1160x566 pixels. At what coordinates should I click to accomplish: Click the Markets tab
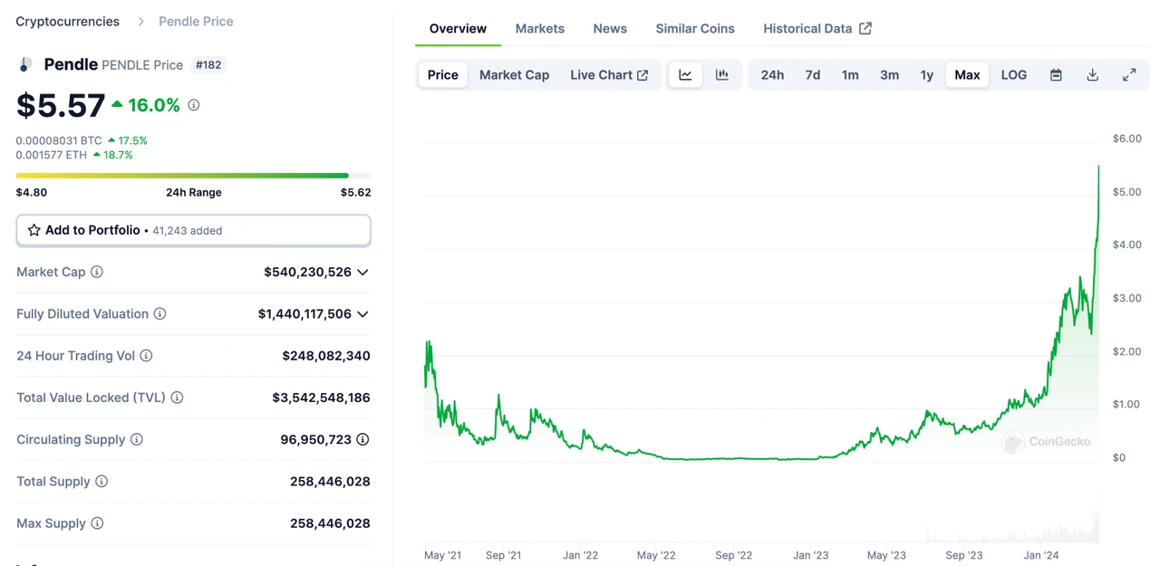pos(539,29)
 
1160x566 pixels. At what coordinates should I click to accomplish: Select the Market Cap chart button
pos(514,75)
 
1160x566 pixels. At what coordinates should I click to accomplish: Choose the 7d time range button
pos(812,75)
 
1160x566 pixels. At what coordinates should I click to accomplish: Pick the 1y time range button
pos(926,75)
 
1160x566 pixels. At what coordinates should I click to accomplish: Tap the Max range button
pos(967,75)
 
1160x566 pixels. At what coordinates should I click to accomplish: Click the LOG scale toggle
pos(1013,75)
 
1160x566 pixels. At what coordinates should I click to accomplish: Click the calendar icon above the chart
pos(1056,75)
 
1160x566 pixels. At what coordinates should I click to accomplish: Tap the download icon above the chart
pos(1092,75)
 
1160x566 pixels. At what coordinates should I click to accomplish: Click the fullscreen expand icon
pos(1129,75)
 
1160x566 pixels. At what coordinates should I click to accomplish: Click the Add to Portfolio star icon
pos(34,230)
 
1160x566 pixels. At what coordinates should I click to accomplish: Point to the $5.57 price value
pos(61,106)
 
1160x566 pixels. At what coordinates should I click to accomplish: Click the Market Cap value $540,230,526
pos(307,273)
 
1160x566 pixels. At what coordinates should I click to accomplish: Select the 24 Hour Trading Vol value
pos(325,356)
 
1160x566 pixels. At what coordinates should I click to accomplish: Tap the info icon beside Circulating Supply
pos(137,439)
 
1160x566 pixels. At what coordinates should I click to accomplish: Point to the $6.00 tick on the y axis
pos(1126,139)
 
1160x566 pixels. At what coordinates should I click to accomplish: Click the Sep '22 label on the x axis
pos(733,555)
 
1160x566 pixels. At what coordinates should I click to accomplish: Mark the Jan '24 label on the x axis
pos(1040,555)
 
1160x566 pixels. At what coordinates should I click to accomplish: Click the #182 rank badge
pos(208,64)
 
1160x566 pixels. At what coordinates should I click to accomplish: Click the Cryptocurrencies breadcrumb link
pos(67,21)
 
